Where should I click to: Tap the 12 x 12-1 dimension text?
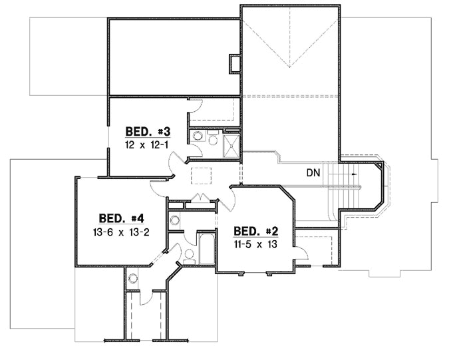pos(146,144)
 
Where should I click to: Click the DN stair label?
pos(315,173)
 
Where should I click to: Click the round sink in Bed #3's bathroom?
pos(197,137)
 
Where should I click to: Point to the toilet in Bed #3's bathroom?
pos(212,138)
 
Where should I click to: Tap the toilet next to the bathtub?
pos(188,253)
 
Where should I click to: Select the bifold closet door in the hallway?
pos(200,198)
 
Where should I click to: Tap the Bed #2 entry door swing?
pos(233,196)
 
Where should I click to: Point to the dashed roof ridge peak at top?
pos(290,67)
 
